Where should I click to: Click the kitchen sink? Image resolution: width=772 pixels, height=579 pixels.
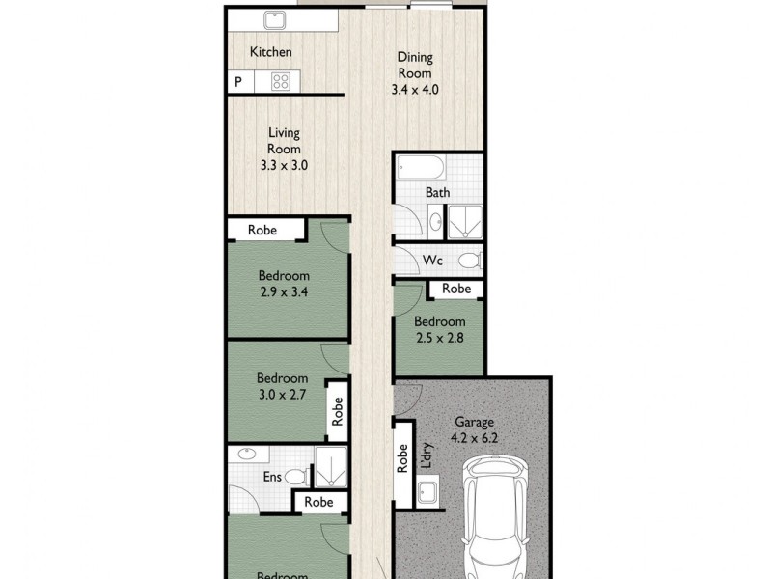click(x=274, y=19)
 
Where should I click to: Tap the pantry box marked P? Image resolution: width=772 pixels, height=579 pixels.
click(x=237, y=83)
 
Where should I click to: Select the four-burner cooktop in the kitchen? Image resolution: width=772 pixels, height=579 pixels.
click(x=281, y=82)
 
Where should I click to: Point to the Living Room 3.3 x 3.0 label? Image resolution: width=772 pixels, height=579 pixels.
click(x=284, y=150)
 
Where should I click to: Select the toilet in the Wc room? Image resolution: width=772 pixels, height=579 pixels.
click(x=470, y=260)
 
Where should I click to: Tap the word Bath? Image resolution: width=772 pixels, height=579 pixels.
click(x=438, y=193)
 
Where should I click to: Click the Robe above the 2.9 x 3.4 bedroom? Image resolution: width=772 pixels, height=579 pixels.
click(x=263, y=230)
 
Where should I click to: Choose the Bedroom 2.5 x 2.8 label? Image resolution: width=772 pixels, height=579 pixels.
click(x=440, y=330)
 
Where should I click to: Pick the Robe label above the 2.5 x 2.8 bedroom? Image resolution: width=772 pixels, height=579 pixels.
click(x=456, y=289)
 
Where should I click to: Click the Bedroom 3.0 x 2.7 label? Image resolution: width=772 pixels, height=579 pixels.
click(x=283, y=387)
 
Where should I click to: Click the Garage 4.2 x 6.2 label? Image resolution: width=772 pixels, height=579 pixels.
click(x=475, y=430)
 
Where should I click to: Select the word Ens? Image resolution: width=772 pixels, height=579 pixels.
click(x=273, y=477)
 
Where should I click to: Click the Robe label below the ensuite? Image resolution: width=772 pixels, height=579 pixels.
click(x=318, y=502)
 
